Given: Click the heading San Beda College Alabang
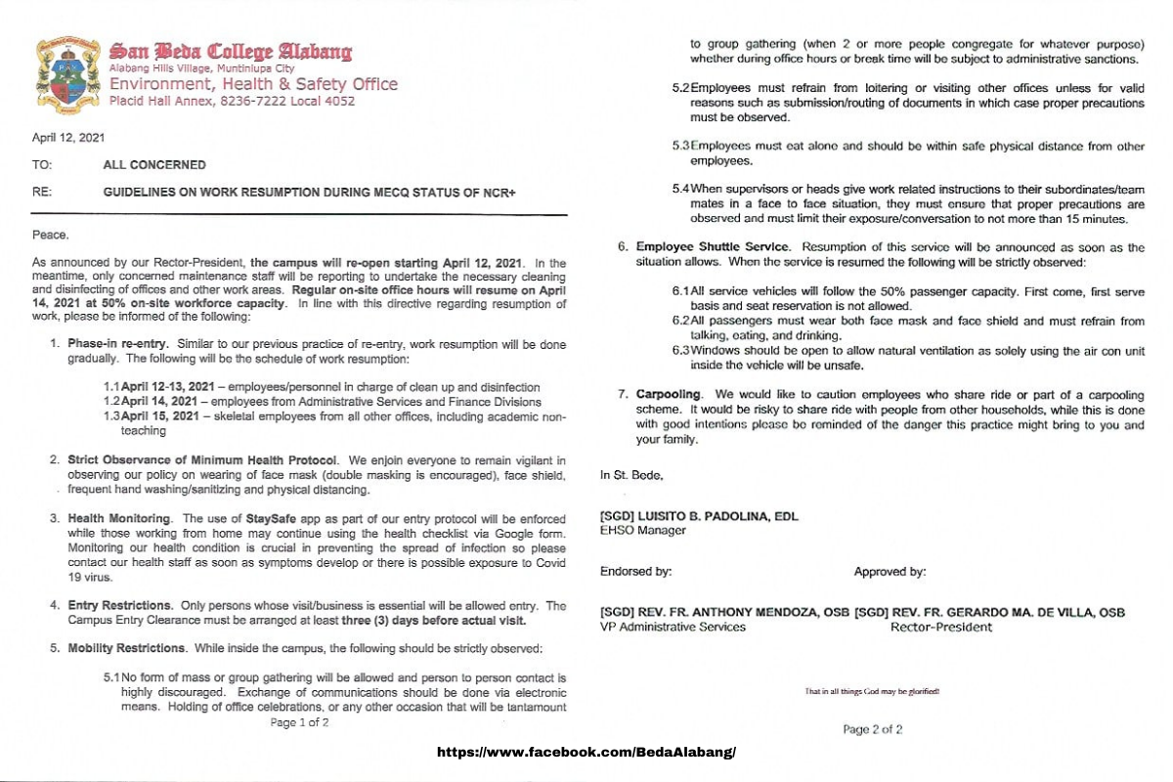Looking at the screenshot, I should coord(231,51).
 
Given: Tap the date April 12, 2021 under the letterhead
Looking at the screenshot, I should coord(69,139).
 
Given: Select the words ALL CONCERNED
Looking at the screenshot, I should coord(154,165).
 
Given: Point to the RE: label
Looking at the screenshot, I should coord(42,193).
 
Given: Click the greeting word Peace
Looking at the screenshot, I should coord(51,235).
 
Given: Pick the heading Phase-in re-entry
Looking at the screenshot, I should coord(117,345).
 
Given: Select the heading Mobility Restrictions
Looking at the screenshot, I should coord(126,648).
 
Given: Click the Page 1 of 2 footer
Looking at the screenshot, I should coord(299,723).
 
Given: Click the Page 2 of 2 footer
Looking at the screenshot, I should coord(873,729).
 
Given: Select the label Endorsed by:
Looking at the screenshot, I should coord(635,572).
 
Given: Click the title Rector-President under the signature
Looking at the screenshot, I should coord(940,627).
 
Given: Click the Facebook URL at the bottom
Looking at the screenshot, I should coord(586,753).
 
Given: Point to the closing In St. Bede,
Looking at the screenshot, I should coord(630,475).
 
